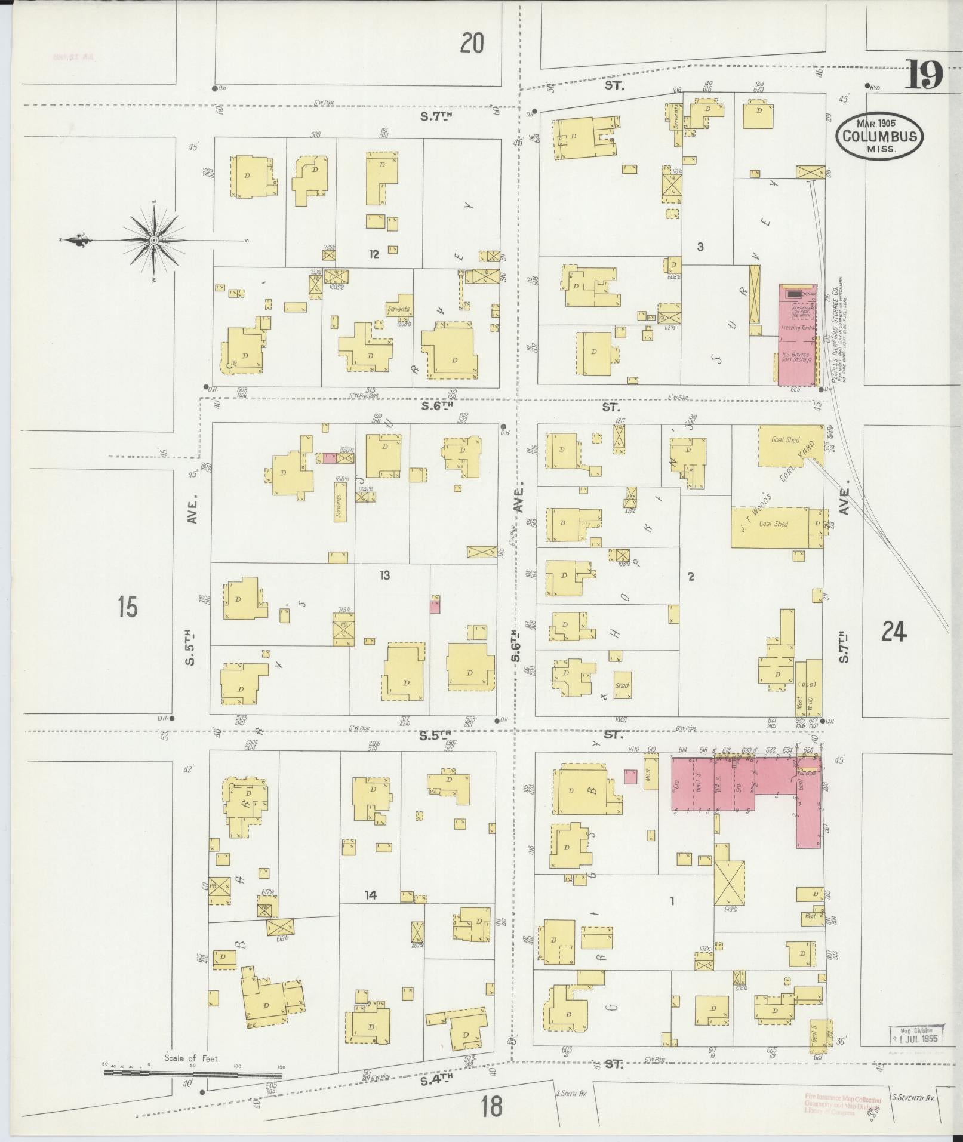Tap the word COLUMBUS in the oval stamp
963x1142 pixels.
point(879,136)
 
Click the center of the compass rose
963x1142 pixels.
point(154,240)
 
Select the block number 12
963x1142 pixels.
point(374,255)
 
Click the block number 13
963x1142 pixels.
point(384,575)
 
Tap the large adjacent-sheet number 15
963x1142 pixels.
point(127,607)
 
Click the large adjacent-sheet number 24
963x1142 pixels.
point(894,631)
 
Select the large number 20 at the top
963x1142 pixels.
point(472,43)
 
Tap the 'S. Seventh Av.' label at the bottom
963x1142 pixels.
point(912,1097)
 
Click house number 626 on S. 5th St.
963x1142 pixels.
point(808,750)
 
